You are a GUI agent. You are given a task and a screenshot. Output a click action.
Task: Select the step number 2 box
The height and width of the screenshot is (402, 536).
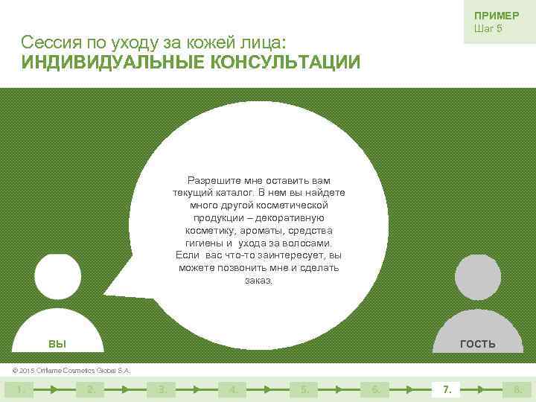coord(90,389)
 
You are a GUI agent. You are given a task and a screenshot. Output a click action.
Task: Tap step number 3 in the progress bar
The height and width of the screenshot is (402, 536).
coord(162,389)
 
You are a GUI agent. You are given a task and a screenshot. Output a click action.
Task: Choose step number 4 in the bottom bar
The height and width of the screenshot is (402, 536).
coord(233,389)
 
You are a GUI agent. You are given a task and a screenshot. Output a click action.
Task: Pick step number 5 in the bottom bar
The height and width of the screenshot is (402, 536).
coord(304,389)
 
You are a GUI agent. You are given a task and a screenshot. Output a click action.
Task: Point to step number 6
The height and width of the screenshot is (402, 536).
coord(375,389)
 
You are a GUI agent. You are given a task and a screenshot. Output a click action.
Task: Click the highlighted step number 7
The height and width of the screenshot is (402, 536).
coord(447,389)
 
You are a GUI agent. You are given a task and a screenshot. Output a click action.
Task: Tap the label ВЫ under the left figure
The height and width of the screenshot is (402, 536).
coord(57,344)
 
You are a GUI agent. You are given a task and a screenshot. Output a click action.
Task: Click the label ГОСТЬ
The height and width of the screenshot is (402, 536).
coord(478,344)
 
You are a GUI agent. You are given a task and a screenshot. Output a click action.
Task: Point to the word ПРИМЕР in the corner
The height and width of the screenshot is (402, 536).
coord(497,16)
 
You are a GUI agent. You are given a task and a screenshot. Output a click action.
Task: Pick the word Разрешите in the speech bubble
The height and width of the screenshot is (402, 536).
coord(211,180)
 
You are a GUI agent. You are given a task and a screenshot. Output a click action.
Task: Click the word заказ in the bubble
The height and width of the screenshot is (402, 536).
coord(258,281)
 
